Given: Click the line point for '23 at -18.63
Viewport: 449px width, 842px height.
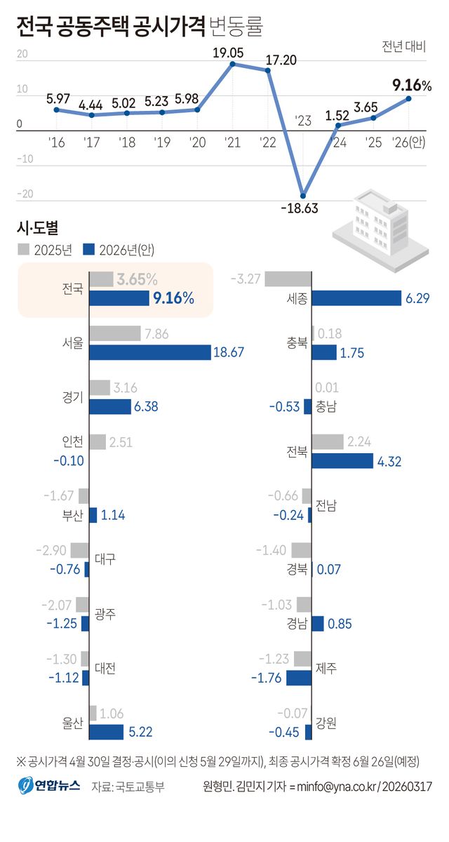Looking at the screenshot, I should (303, 196).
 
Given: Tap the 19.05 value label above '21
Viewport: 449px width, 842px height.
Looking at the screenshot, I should (232, 52).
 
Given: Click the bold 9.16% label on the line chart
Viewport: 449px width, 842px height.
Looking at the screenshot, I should (411, 86).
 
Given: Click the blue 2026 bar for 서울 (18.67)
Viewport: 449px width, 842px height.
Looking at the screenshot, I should (149, 352).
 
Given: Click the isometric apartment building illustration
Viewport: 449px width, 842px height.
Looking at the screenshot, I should (380, 224).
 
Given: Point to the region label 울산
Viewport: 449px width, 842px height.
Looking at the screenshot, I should (73, 723).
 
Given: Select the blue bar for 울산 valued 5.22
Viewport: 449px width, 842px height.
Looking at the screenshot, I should (107, 732).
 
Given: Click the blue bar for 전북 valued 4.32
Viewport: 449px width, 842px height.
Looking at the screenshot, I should (342, 461).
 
